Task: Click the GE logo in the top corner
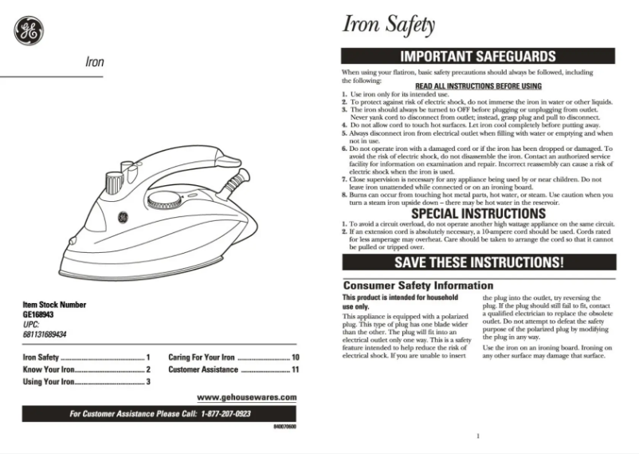29,31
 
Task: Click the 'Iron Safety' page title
388,25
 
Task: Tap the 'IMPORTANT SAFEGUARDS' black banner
478,57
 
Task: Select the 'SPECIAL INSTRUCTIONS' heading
478,214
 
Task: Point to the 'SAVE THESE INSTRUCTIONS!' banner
478,262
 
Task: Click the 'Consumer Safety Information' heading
418,286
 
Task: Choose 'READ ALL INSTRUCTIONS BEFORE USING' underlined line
478,86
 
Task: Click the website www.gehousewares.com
246,397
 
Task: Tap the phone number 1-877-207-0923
226,414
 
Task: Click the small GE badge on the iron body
123,217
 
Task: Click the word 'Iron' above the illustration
94,61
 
